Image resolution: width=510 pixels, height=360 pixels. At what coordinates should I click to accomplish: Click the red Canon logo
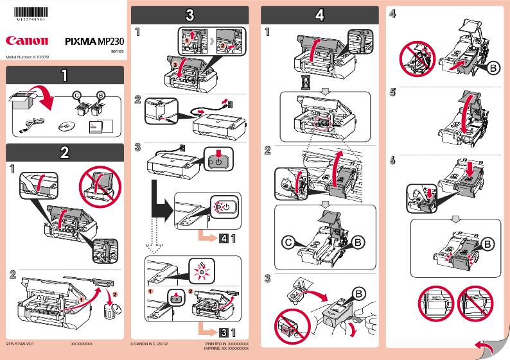tap(27, 41)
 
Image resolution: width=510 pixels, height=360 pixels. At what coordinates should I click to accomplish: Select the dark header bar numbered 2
tap(64, 152)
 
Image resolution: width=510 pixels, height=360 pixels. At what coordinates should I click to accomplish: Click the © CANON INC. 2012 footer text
tap(150, 345)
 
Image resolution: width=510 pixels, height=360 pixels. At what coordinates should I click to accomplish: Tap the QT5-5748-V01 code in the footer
tap(19, 345)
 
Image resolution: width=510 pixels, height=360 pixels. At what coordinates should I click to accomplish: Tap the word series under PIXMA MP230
tap(117, 51)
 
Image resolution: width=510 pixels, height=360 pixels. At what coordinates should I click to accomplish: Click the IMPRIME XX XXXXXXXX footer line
tap(226, 348)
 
